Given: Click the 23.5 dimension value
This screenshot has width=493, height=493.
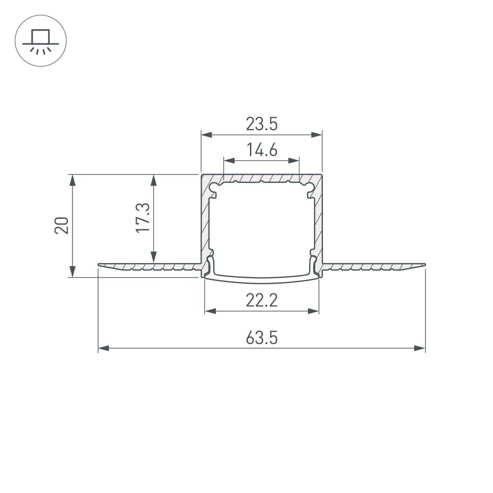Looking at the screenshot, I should pyautogui.click(x=262, y=124).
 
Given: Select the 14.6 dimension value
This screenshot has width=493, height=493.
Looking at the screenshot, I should pyautogui.click(x=262, y=150).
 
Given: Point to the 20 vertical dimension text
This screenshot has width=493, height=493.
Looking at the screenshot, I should pyautogui.click(x=62, y=225).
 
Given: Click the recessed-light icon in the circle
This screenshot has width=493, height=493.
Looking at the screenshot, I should pyautogui.click(x=41, y=41).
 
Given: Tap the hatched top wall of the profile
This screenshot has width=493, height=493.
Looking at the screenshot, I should pyautogui.click(x=262, y=177).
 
